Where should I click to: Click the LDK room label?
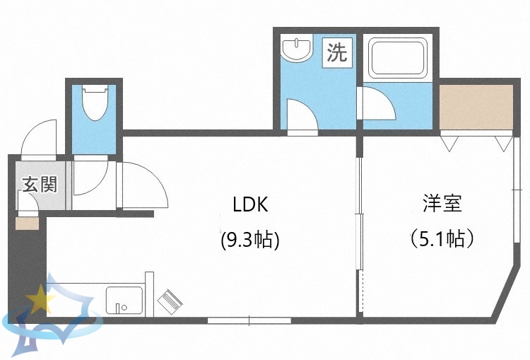[x=250, y=205]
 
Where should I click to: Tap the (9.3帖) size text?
[x=250, y=240]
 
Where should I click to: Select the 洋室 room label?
[x=442, y=204]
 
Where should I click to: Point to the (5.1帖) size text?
[x=442, y=239]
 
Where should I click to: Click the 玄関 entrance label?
[x=39, y=185]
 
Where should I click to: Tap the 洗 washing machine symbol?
[x=337, y=52]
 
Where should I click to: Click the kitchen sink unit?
[x=124, y=300]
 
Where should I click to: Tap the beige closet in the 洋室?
[x=476, y=108]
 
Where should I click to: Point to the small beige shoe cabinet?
[x=27, y=224]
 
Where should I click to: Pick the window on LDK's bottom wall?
[x=249, y=320]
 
